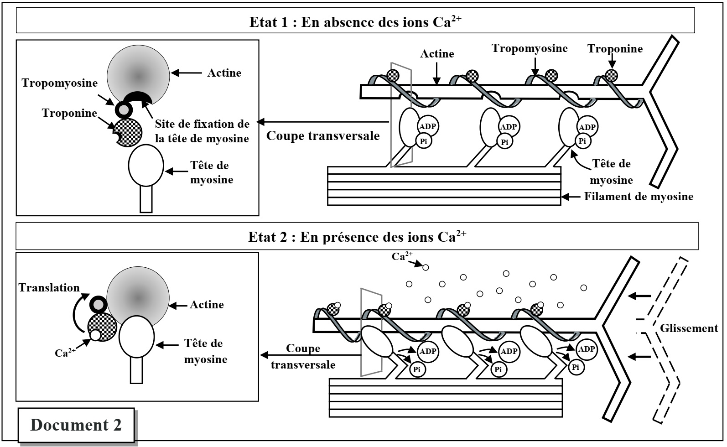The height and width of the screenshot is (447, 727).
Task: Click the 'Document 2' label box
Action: point(76,425)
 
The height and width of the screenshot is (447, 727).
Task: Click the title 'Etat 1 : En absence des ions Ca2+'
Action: point(355,22)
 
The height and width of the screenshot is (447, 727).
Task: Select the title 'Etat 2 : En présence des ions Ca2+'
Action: point(357,237)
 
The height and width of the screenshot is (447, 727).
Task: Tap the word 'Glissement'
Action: point(689,328)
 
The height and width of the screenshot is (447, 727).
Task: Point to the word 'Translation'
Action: point(49,288)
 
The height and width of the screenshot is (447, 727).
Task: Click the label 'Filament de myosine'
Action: point(639,197)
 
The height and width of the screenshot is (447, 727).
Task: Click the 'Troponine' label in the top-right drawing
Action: point(615,49)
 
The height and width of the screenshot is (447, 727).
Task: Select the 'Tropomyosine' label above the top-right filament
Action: point(530,48)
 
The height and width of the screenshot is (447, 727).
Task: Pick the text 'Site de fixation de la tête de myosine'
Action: point(202,131)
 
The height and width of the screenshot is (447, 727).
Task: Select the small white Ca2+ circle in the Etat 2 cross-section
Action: point(95,335)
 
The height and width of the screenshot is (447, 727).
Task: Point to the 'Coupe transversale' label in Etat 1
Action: point(323,136)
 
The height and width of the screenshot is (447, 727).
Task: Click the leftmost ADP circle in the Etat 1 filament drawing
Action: point(428,126)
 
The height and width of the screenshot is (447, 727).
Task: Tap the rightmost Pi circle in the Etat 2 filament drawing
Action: point(576,367)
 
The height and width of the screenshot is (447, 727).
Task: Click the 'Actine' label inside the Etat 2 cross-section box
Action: point(207,305)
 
